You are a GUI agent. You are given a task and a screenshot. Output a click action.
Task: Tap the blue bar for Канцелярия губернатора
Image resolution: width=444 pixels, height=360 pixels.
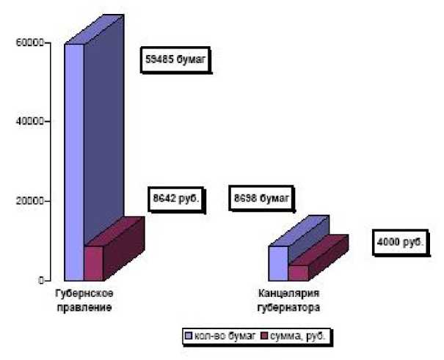coord(277,262)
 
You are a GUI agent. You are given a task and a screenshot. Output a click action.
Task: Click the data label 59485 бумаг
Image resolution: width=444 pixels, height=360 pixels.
coord(177,62)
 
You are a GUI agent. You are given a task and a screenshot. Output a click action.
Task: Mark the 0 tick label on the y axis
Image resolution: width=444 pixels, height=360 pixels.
coord(40,279)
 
